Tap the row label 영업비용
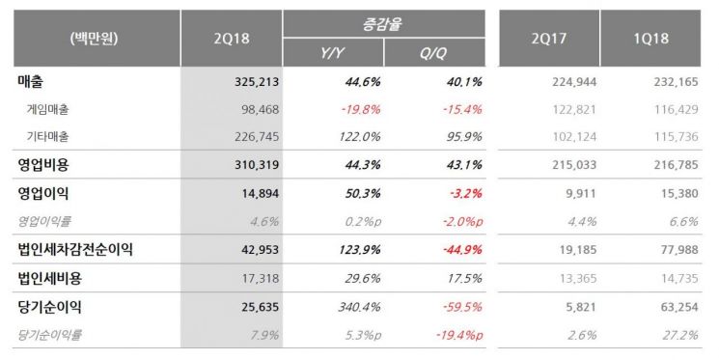(x=44, y=165)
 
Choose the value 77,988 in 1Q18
(x=675, y=249)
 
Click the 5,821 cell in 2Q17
(x=577, y=307)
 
